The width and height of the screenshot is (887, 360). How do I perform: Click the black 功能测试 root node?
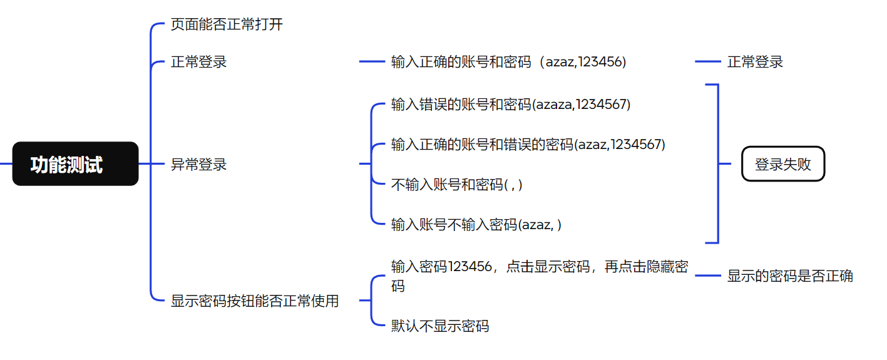[75, 164]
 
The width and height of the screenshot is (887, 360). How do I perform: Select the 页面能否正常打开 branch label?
[227, 26]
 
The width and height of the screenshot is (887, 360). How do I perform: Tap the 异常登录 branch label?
[198, 165]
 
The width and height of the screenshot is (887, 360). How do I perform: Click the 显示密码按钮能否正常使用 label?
[255, 301]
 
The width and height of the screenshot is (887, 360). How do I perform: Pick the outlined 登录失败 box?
[782, 164]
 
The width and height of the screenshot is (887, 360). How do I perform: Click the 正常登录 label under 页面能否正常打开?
[198, 62]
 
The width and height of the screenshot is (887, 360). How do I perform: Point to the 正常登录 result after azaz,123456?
[755, 62]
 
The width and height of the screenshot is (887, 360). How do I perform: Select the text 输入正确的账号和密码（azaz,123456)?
[508, 62]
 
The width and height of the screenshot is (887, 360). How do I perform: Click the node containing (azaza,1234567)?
[511, 105]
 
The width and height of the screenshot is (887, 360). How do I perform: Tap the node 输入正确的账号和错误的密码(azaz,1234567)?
[528, 145]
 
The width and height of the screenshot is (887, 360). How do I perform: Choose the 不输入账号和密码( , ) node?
[456, 185]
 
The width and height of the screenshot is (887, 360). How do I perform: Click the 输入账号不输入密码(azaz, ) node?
[476, 225]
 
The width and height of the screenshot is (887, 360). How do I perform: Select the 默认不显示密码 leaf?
[440, 326]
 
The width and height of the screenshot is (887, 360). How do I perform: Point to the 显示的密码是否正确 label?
[790, 276]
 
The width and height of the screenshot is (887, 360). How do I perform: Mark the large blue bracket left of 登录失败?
[717, 163]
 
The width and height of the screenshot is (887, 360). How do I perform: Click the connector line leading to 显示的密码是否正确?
[708, 276]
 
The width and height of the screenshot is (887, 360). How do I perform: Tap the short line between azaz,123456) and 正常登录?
[708, 62]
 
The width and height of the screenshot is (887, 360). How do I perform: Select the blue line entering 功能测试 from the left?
[6, 164]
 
